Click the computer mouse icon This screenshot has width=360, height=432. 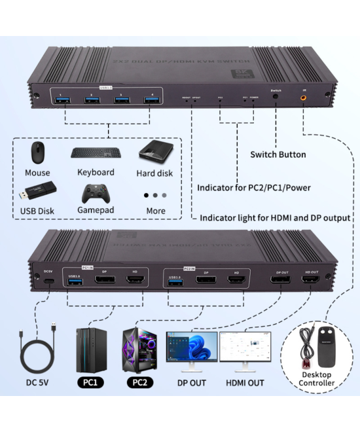[38, 153]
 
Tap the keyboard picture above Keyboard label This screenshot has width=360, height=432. [95, 152]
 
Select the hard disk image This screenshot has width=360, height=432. [154, 152]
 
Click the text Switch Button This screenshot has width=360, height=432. [278, 155]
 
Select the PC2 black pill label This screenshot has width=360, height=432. [140, 381]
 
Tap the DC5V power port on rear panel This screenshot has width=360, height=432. [48, 282]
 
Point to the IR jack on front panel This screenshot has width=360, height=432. [304, 98]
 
